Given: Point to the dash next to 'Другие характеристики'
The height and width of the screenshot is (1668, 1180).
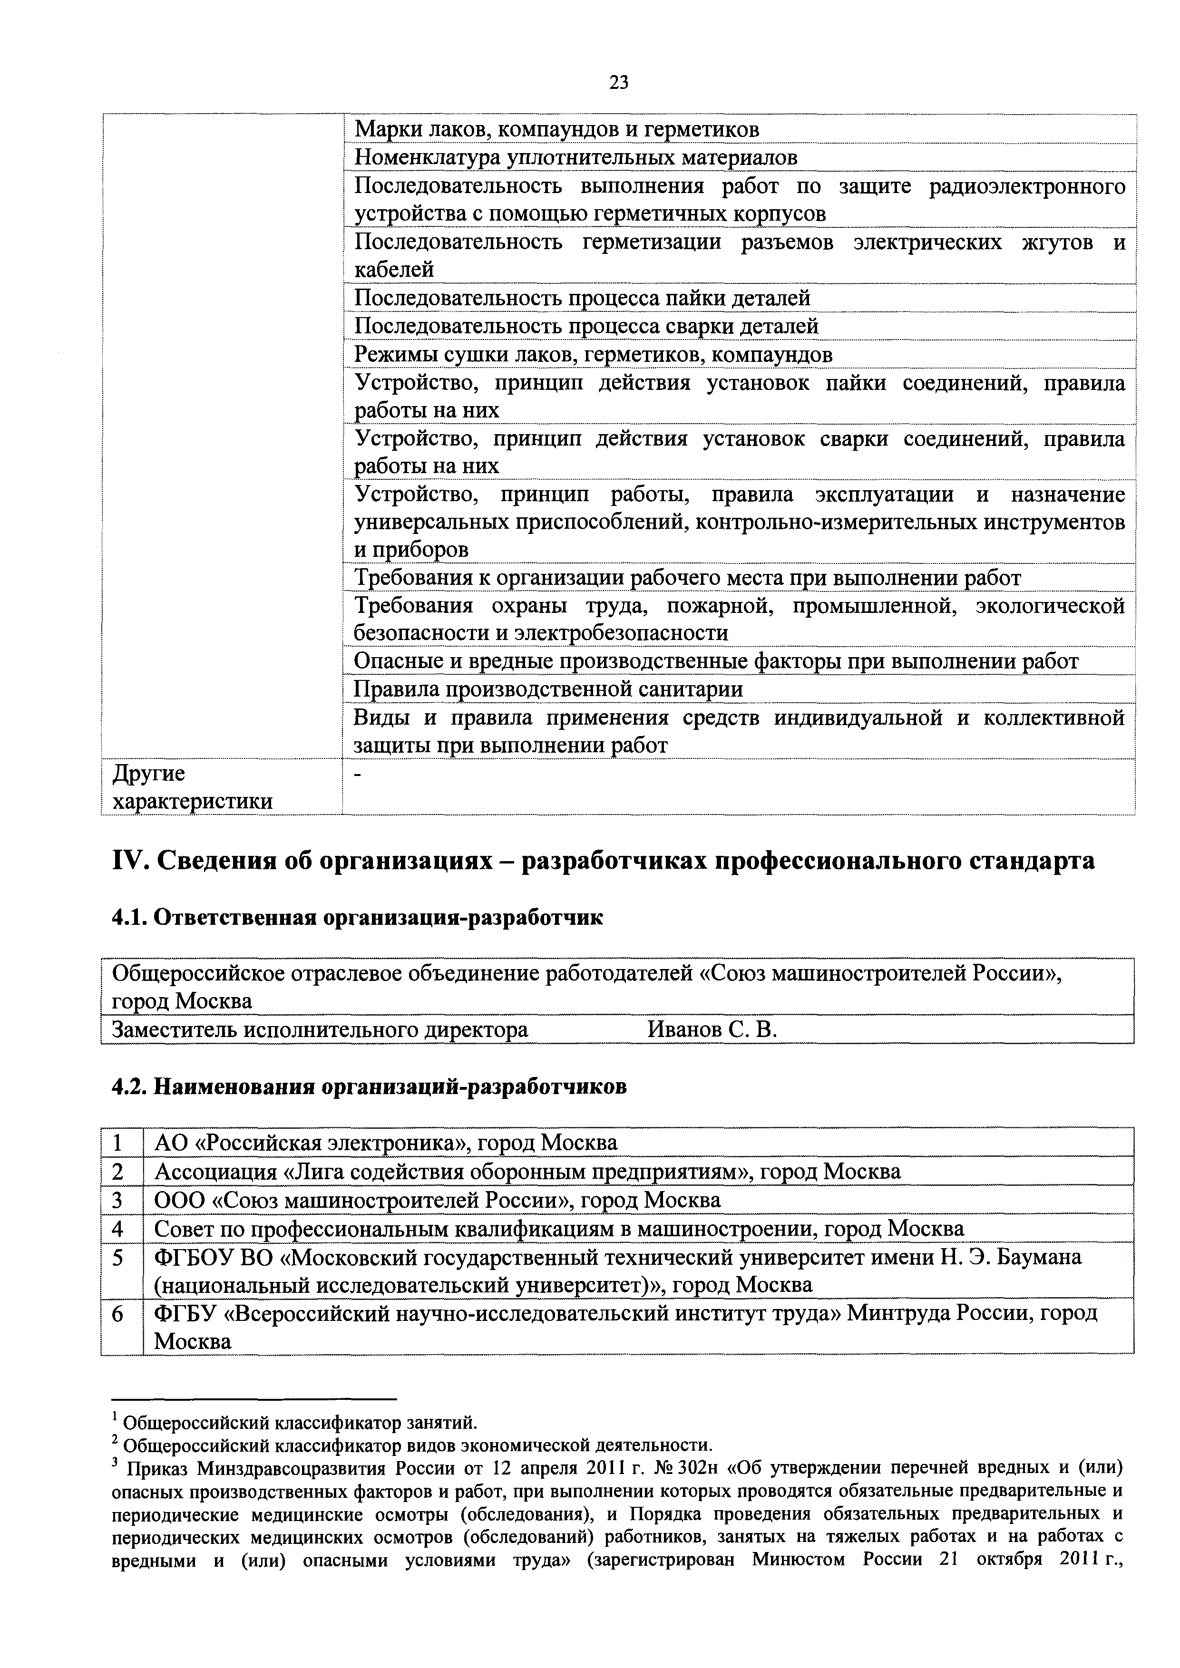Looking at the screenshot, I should coord(357,775).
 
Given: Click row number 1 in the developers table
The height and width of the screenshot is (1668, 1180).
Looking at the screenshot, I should coord(117,1144).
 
